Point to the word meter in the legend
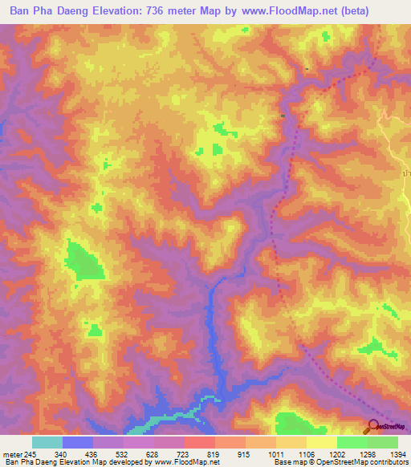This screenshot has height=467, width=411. coord(12,454)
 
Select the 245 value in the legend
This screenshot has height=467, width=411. coord(31,454)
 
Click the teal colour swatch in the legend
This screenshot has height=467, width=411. coord(47,442)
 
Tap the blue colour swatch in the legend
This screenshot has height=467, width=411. coord(78,442)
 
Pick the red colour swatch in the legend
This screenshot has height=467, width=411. coord(200,442)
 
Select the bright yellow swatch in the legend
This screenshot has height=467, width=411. coord(322,442)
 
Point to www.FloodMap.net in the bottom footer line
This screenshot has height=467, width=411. coord(185,462)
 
